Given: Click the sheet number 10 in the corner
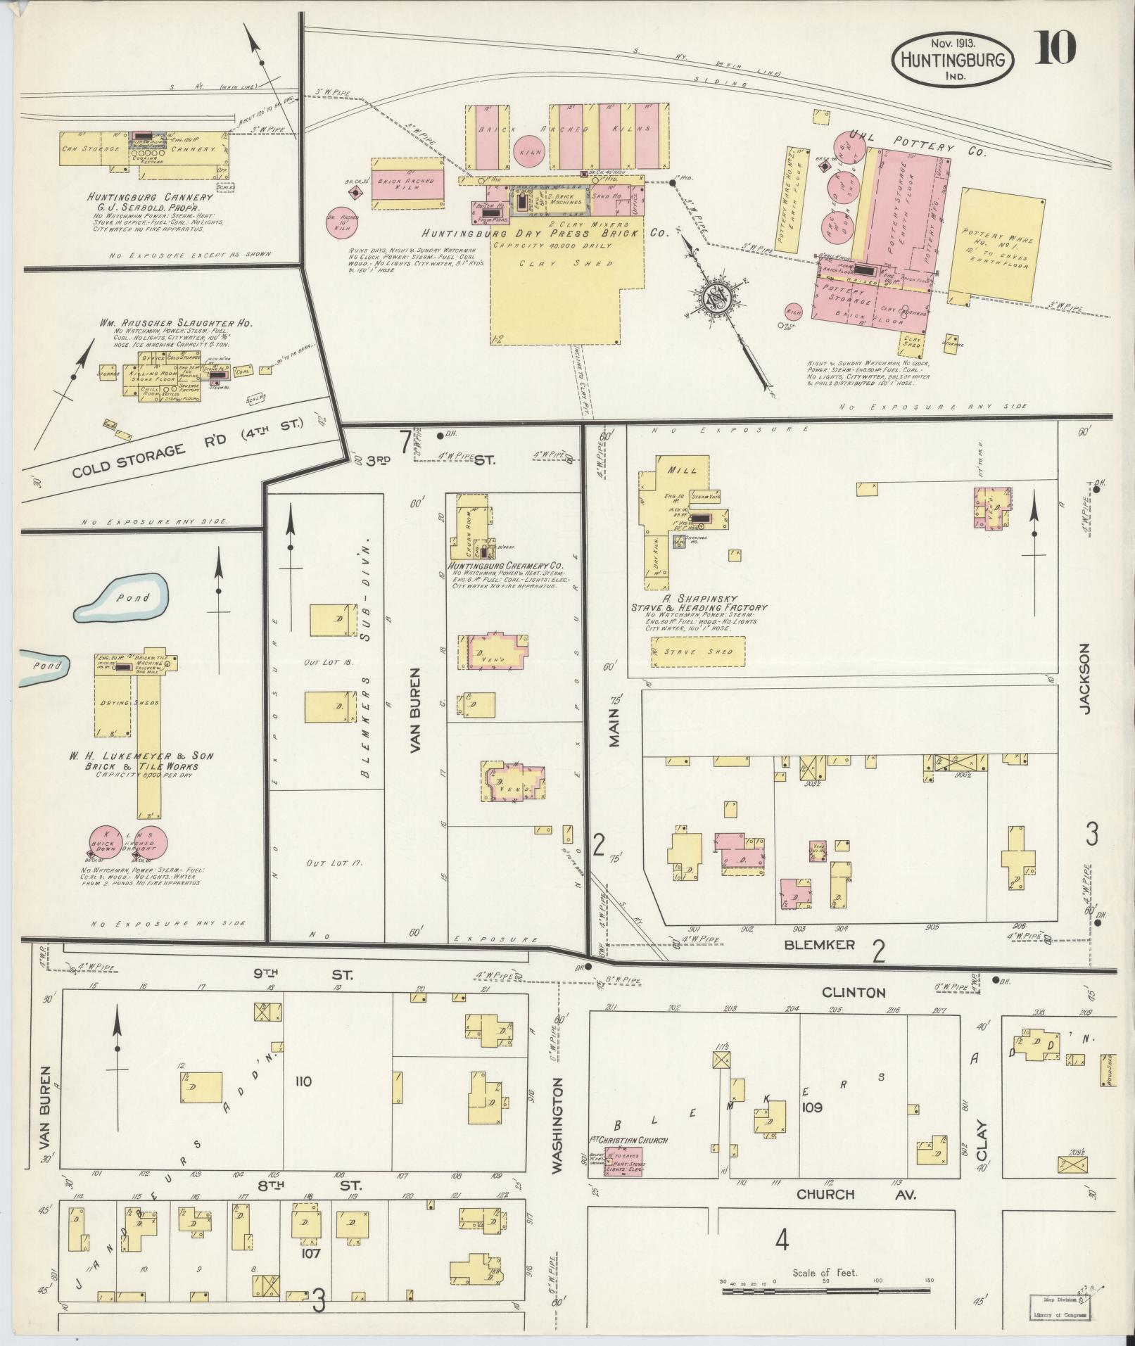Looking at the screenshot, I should click(1055, 48).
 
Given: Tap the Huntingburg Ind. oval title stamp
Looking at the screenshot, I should click(953, 60).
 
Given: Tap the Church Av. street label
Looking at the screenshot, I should click(856, 1193).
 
